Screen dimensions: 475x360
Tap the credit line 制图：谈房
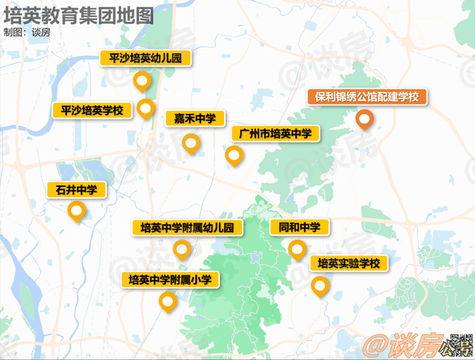pyautogui.click(x=27, y=33)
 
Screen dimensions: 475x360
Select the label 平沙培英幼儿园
pyautogui.click(x=145, y=59)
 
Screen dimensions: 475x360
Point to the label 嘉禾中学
pyautogui.click(x=194, y=119)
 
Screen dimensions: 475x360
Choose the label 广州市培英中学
pyautogui.click(x=275, y=134)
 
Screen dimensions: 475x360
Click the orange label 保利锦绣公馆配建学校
pyautogui.click(x=367, y=97)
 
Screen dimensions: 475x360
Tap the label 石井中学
pyautogui.click(x=76, y=191)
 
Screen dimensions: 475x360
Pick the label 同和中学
pyautogui.click(x=299, y=227)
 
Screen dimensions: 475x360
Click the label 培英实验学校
pyautogui.click(x=348, y=263)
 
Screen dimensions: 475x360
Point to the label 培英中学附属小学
pyautogui.click(x=171, y=280)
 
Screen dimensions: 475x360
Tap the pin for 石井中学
pyautogui.click(x=76, y=213)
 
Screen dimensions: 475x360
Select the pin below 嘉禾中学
pyautogui.click(x=191, y=143)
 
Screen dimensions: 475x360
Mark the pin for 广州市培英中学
pyautogui.click(x=234, y=156)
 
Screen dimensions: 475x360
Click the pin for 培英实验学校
pyautogui.click(x=320, y=286)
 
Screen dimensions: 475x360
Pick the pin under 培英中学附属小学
pyautogui.click(x=168, y=302)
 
